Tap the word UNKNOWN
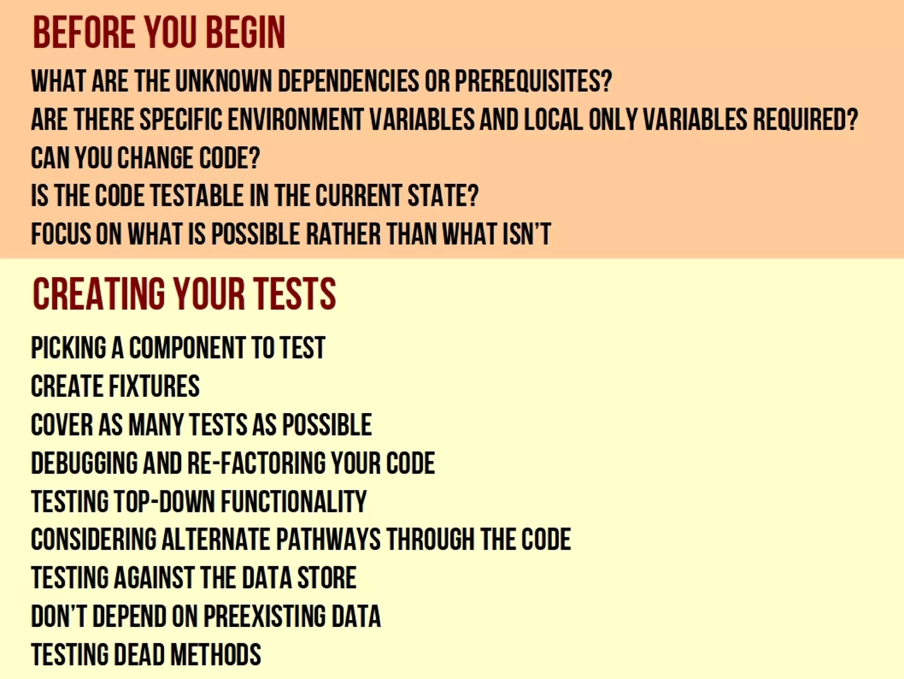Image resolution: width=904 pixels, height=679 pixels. pyautogui.click(x=223, y=81)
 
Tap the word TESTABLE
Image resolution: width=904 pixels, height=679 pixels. pyautogui.click(x=197, y=196)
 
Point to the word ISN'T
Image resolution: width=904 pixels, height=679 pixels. pyautogui.click(x=527, y=234)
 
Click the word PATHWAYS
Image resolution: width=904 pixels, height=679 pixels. pyautogui.click(x=328, y=540)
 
